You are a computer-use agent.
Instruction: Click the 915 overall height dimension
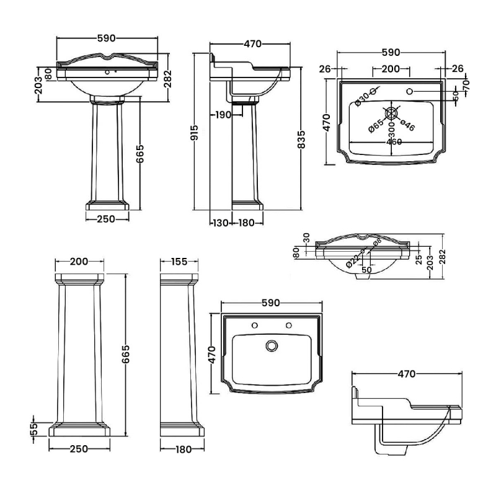(195, 131)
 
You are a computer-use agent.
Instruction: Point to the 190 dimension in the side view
(223, 114)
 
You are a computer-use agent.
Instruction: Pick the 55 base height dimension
(35, 428)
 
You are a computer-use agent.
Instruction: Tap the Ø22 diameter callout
(352, 260)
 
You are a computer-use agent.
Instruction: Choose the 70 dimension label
(466, 82)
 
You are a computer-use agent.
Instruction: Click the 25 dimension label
(419, 257)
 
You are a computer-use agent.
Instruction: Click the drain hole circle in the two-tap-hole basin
(270, 345)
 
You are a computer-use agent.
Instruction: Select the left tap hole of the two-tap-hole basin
(254, 325)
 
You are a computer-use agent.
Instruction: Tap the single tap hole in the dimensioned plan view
(409, 92)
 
